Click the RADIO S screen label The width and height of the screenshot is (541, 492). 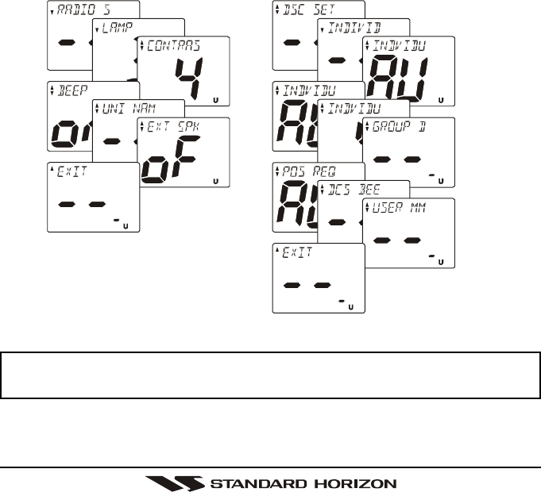tap(81, 11)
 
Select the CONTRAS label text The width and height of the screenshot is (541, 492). tap(170, 46)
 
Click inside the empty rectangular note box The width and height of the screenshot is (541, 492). tap(270, 375)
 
